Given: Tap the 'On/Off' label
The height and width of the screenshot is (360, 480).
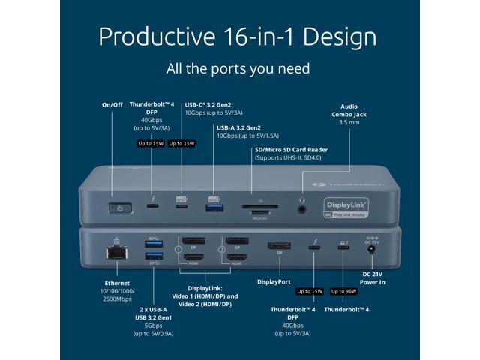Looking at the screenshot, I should pos(113,104).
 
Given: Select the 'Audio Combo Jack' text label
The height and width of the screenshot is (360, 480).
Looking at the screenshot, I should pos(349,110).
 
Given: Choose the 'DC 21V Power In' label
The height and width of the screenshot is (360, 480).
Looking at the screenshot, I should pos(372,280).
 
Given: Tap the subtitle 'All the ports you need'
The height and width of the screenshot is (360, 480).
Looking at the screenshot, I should pos(238,68).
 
